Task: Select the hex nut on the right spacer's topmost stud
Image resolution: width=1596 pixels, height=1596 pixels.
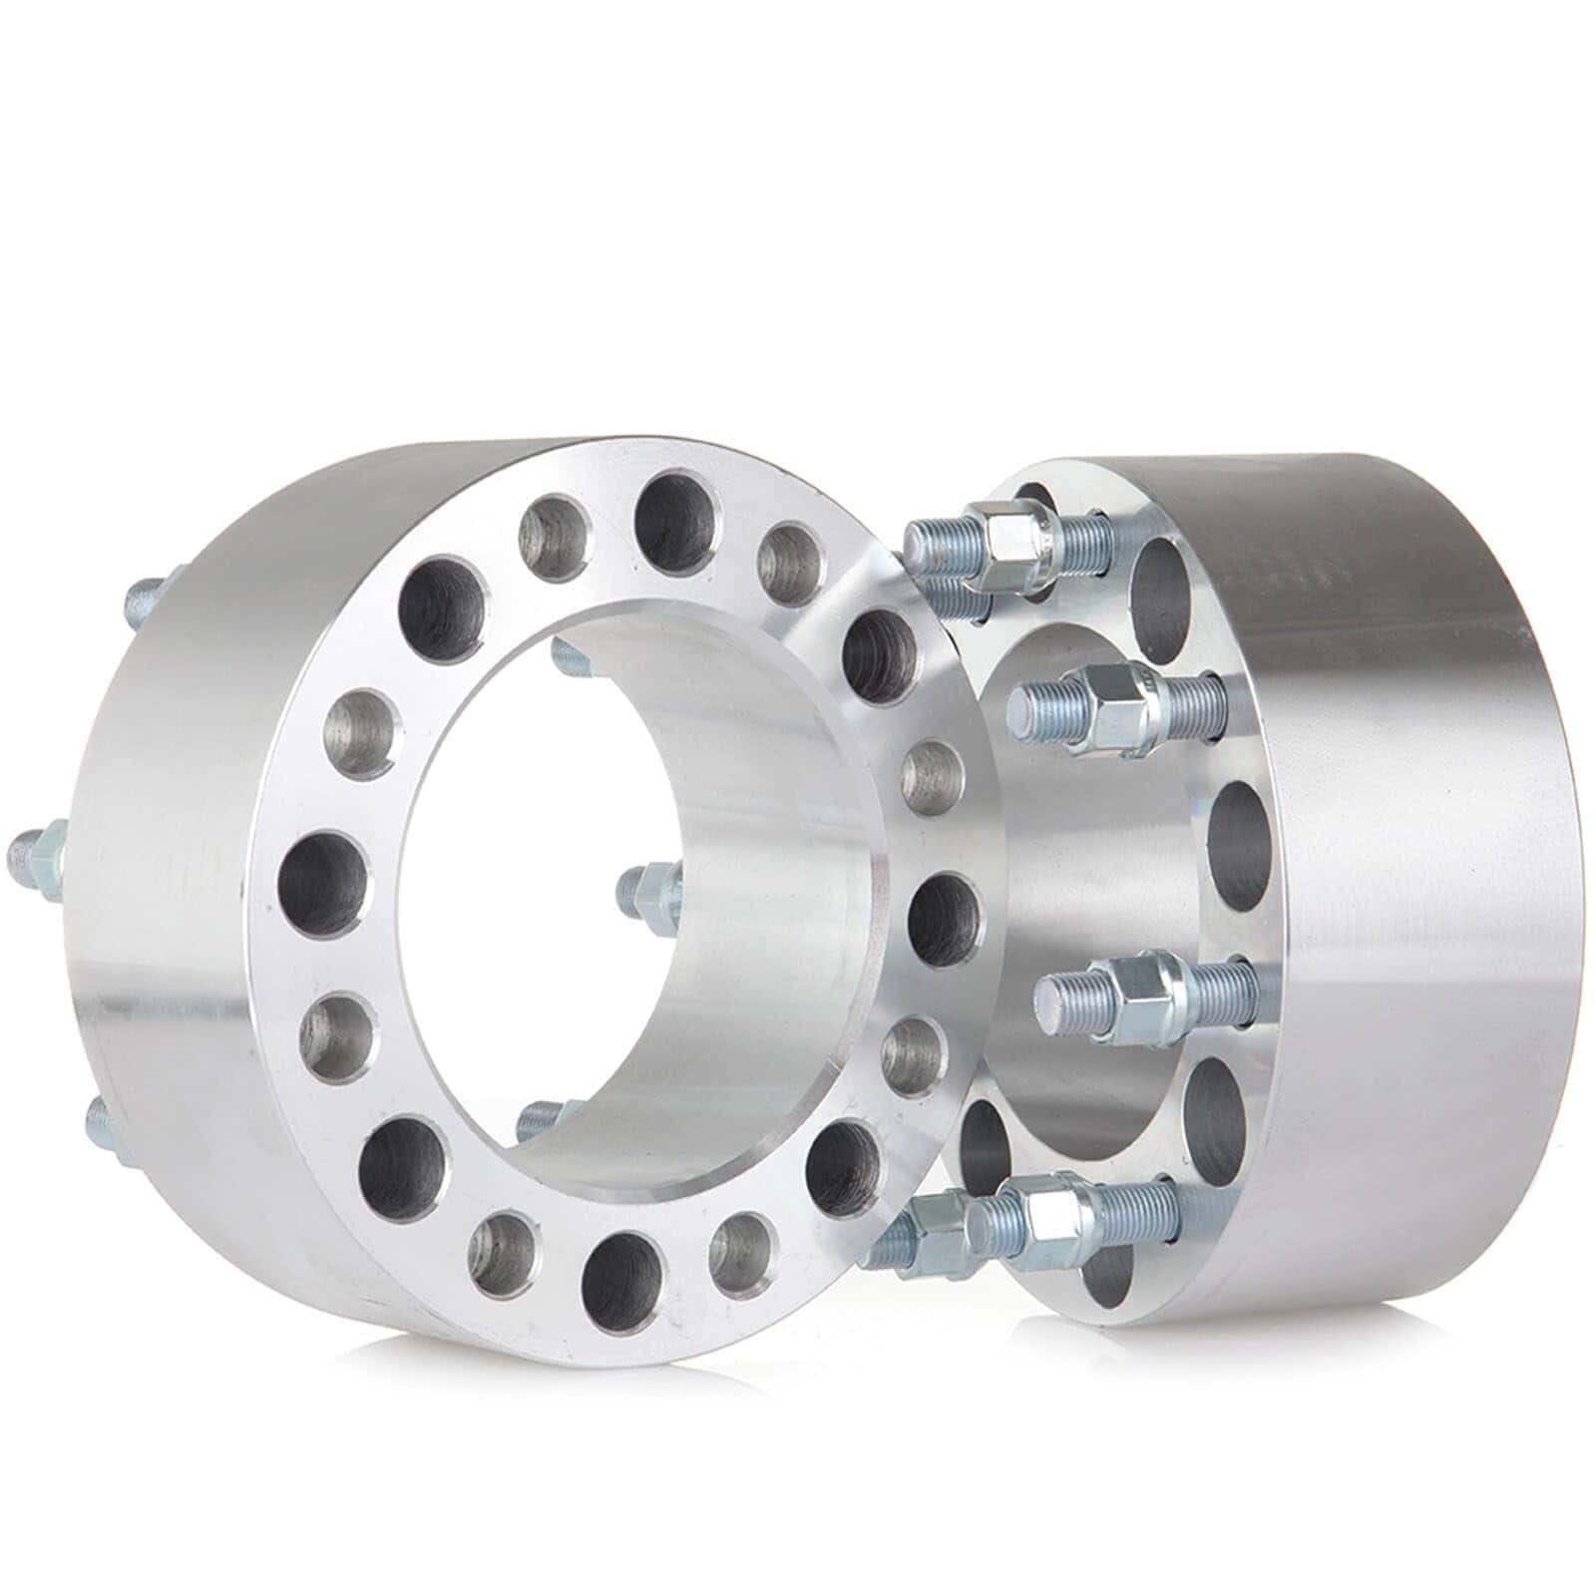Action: (1017, 536)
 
